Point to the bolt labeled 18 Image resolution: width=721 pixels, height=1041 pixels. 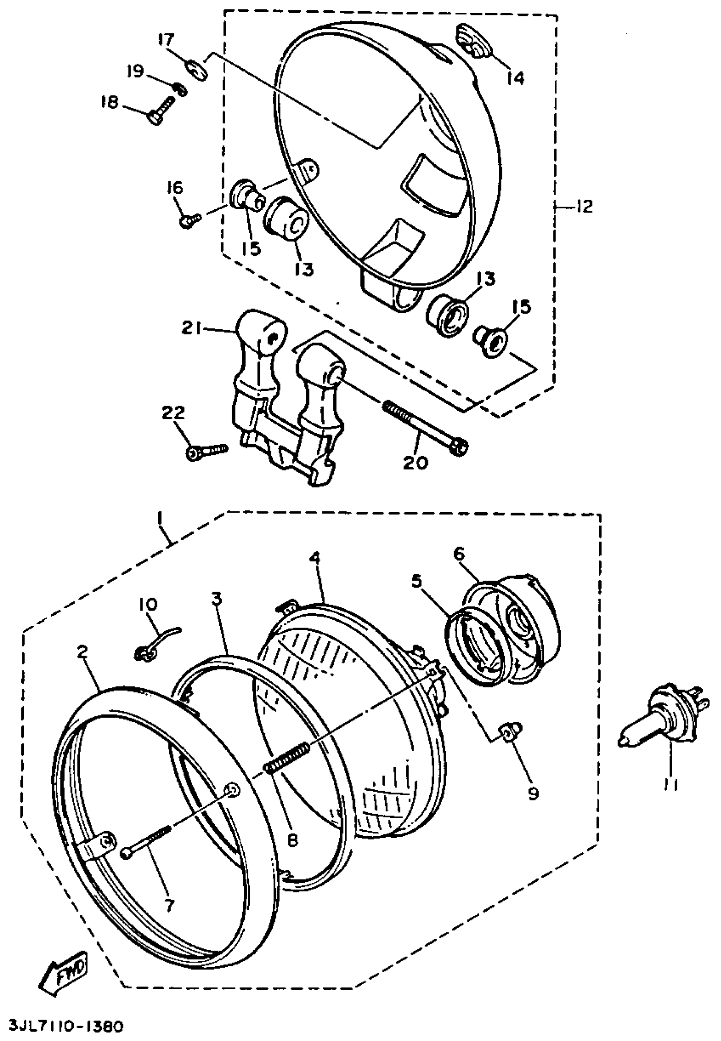160,110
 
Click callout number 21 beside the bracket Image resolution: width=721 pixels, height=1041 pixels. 190,329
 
